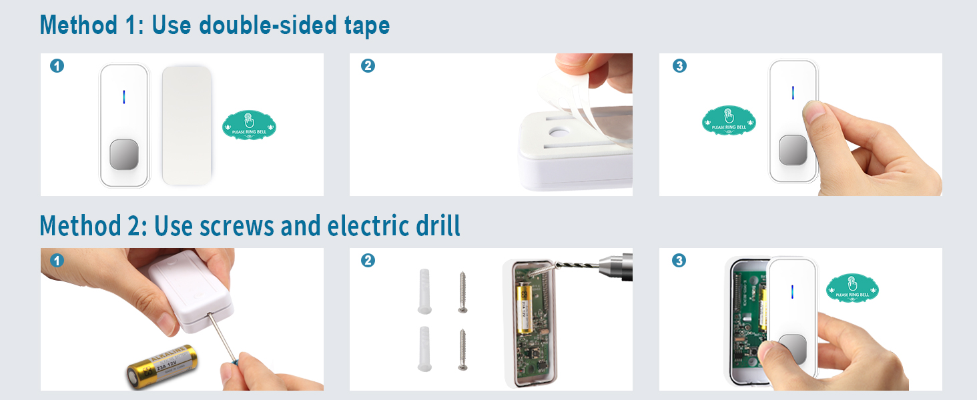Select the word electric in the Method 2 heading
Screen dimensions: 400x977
coord(372,226)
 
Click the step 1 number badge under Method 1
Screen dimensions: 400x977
coord(57,66)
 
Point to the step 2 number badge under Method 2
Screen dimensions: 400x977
coord(367,261)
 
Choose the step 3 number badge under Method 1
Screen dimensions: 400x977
coord(679,66)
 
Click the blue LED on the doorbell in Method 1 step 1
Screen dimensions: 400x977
coord(123,97)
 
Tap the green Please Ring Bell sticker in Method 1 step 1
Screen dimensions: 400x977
coord(249,125)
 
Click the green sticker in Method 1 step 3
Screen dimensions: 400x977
coord(728,120)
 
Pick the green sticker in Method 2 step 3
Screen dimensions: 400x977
coord(852,288)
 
